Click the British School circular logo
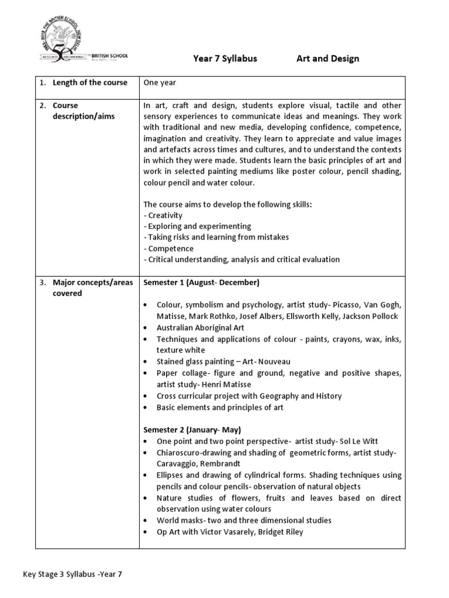click(65, 40)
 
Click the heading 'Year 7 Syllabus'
click(224, 58)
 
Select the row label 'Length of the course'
click(89, 82)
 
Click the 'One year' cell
click(159, 82)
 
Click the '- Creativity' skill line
click(163, 215)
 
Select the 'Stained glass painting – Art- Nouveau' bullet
click(223, 361)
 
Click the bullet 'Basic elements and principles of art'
click(220, 407)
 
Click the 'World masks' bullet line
click(244, 520)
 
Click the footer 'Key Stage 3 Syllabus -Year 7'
click(72, 574)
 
